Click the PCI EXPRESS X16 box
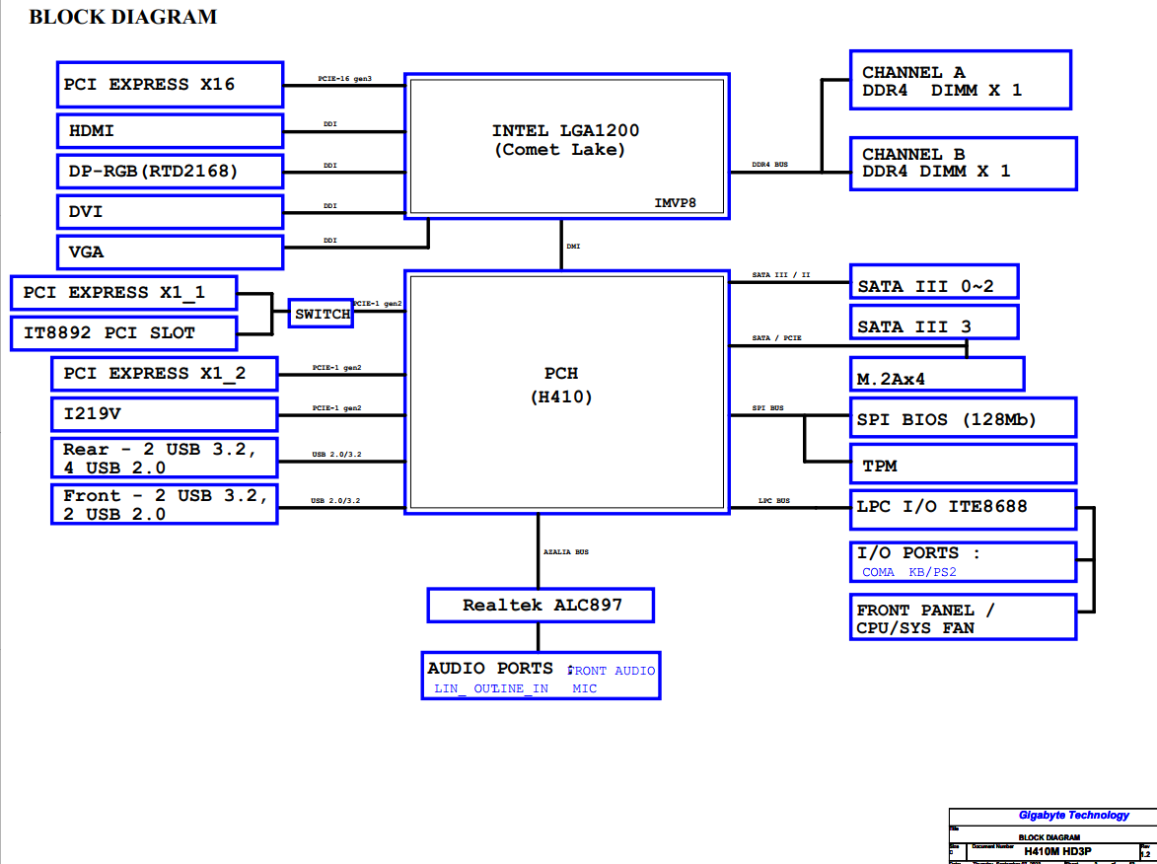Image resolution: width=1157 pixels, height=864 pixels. click(x=170, y=85)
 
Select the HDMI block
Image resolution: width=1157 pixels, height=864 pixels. click(x=170, y=130)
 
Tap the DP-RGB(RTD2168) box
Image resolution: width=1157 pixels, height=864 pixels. click(x=170, y=172)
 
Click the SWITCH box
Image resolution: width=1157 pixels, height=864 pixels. click(x=322, y=314)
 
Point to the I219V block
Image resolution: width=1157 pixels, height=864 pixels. click(x=164, y=413)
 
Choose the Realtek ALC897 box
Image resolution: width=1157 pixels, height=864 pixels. click(x=541, y=605)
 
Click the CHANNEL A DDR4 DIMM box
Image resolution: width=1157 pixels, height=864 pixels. click(x=960, y=81)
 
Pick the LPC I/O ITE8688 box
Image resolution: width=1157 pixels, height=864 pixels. click(x=962, y=508)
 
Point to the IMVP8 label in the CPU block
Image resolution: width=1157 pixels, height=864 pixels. click(x=676, y=202)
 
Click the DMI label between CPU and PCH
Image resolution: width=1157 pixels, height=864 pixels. click(x=573, y=246)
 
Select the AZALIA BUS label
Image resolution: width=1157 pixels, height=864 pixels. click(x=566, y=552)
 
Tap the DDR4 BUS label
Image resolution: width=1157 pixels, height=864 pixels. click(x=769, y=165)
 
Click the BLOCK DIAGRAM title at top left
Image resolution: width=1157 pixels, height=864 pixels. click(x=123, y=17)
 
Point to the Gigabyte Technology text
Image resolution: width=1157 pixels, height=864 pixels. click(x=1073, y=815)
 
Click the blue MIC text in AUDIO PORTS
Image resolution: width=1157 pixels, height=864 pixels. click(x=584, y=688)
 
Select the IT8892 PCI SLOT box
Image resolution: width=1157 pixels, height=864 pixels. click(x=123, y=333)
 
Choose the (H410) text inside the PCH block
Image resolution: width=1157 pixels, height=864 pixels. click(x=561, y=396)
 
